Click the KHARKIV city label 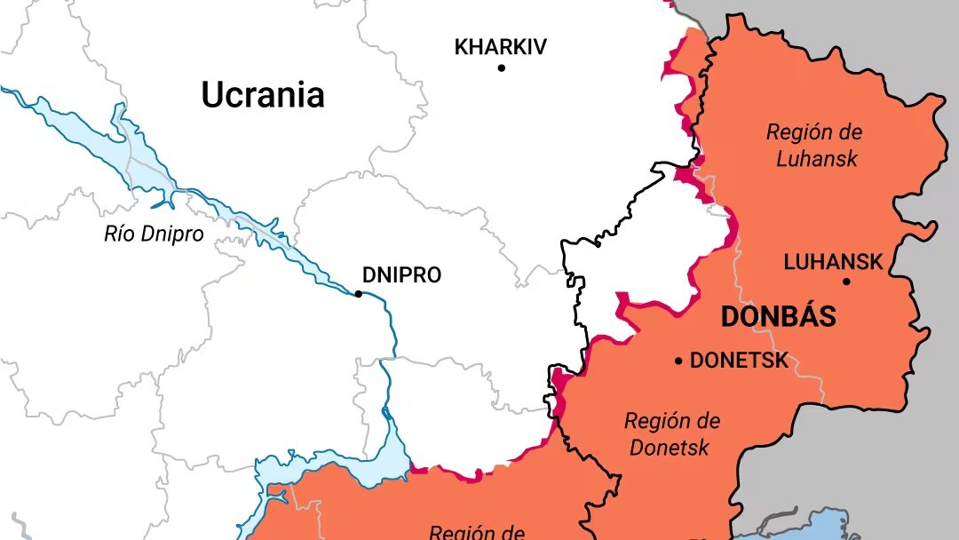tap(501, 46)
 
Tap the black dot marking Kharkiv tap(501, 67)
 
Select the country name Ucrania tap(263, 94)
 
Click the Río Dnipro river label tap(154, 234)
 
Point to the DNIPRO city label tap(401, 275)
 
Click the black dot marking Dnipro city tap(359, 293)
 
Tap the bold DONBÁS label tap(778, 316)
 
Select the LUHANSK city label tap(833, 262)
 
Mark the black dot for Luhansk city tap(846, 282)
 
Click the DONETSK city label tap(739, 361)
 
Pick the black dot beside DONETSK tap(678, 361)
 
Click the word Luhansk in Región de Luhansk tap(816, 159)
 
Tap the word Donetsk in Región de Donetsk tap(670, 447)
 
